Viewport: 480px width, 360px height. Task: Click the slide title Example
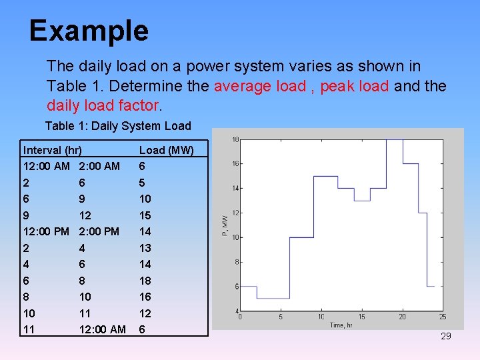[89, 31]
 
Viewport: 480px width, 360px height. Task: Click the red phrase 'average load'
[259, 86]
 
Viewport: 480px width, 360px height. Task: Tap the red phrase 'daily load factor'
[103, 105]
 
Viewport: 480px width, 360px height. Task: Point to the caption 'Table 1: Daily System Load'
[118, 126]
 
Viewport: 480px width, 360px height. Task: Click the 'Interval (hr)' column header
[53, 150]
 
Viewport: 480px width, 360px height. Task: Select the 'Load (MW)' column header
[166, 150]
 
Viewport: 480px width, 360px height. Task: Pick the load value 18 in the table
[145, 281]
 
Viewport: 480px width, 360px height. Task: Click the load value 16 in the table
[145, 297]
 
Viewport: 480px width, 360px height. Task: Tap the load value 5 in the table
[142, 183]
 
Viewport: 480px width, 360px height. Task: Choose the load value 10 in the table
[145, 199]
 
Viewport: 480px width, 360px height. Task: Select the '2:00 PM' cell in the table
[99, 231]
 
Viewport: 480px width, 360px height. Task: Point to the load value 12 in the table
[145, 313]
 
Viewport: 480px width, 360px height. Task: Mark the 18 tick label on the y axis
[235, 139]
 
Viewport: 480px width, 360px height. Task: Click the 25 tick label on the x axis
[443, 317]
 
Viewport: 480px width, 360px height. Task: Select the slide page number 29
[446, 336]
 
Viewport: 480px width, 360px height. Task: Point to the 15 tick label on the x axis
[362, 317]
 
